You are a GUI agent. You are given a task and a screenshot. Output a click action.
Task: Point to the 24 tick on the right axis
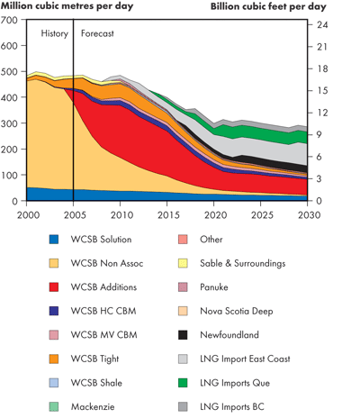click(x=320, y=23)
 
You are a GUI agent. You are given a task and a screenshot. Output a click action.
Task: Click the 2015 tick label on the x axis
click(x=167, y=216)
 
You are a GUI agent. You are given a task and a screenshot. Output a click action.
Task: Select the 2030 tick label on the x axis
click(x=309, y=216)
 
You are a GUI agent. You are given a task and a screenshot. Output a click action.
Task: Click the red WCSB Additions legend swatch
click(x=56, y=286)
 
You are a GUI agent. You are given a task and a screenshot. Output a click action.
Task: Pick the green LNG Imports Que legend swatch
click(x=184, y=383)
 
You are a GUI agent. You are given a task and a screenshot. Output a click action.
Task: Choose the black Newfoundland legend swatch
click(x=184, y=334)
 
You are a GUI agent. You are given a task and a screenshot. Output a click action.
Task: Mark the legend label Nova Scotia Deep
click(x=237, y=311)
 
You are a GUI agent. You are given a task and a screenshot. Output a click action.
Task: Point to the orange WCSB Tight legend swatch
click(x=56, y=359)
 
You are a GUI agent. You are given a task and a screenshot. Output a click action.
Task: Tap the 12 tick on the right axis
click(x=320, y=112)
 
